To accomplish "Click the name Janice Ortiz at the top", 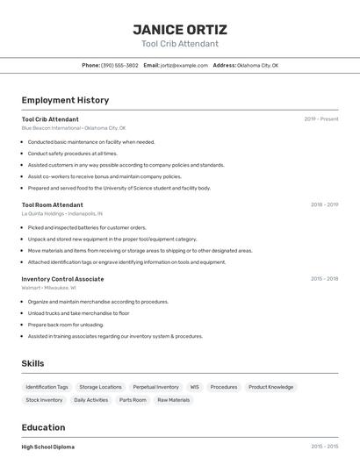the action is [179, 29].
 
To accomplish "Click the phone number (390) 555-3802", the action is [119, 65].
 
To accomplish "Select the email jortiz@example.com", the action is [177, 65].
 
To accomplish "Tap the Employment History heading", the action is [65, 100].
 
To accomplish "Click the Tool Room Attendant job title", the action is [52, 204].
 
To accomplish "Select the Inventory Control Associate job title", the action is [62, 279].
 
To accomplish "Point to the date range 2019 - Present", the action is [321, 119].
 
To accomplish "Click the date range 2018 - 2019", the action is [324, 204].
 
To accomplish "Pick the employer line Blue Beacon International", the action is [74, 128].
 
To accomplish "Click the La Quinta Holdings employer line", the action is [62, 213].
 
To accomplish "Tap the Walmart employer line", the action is [49, 288].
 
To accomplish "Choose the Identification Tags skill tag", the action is [47, 387].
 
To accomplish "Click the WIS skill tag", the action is [194, 387].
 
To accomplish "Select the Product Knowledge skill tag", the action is [270, 387].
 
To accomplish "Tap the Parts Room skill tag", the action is [133, 400].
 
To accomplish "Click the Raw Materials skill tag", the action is [173, 400].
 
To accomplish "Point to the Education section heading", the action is [45, 427].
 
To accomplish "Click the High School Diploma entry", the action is [48, 447].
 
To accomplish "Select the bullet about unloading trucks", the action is [78, 313].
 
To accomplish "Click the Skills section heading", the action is [32, 363].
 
